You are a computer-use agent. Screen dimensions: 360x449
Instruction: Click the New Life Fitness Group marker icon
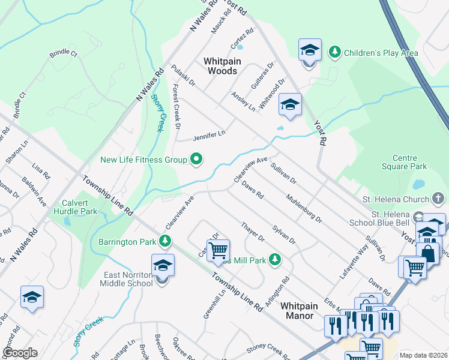pos(196,160)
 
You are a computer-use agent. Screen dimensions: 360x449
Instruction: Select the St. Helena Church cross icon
pos(439,199)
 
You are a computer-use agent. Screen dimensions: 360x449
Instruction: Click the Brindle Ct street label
pos(64,53)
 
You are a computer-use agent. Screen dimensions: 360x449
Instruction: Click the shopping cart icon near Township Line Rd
pos(218,249)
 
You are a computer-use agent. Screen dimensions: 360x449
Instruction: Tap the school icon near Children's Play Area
pos(310,50)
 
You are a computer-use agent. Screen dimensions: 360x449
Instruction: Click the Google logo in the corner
pos(20,353)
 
